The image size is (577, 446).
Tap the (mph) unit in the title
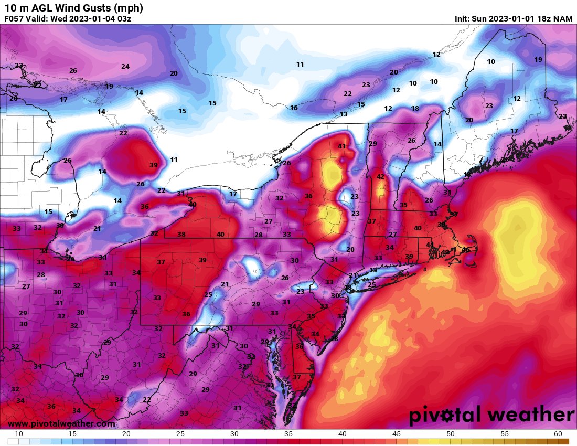(x=124, y=8)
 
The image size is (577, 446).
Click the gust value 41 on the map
(x=342, y=146)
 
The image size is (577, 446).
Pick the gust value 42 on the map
(x=380, y=177)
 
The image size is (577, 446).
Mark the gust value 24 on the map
(x=125, y=67)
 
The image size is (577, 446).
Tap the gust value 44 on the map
(x=430, y=245)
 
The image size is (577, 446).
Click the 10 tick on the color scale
(x=18, y=434)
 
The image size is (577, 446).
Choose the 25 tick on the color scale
(x=180, y=434)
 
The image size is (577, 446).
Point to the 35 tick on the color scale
(x=288, y=434)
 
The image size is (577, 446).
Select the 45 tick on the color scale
(x=397, y=434)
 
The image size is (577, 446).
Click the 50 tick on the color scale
(x=451, y=434)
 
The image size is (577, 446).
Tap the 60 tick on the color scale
(x=558, y=434)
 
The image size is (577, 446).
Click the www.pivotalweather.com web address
(x=61, y=423)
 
